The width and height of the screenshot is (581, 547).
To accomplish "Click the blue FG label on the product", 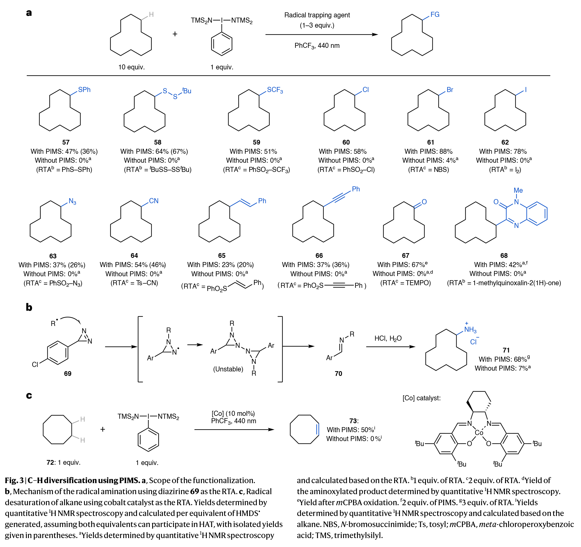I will pos(435,15).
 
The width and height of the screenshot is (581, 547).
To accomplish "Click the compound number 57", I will pos(66,142).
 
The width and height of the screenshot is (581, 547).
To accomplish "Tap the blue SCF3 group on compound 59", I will pos(275,90).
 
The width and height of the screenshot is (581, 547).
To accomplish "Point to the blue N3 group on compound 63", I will pos(72,201).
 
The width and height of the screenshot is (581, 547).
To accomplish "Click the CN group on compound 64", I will pos(154,201).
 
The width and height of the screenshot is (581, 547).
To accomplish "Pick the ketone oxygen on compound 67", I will pos(424,202).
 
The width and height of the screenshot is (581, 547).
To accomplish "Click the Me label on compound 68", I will pos(518,190).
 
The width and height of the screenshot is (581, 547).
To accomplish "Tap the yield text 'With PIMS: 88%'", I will pos(428,151).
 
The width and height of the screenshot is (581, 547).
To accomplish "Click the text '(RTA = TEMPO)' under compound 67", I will pos(405,283).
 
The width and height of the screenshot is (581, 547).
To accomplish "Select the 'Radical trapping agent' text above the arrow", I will pos(317,15).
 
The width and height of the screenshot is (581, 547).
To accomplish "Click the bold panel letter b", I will pos(29,307).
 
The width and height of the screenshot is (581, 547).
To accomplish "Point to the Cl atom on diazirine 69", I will pos(35,365).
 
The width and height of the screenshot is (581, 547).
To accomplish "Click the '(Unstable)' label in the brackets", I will pos(228,369).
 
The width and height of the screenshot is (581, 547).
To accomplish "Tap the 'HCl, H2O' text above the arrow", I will pos(388,339).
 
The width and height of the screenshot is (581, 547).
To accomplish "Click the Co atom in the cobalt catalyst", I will pos(479,433).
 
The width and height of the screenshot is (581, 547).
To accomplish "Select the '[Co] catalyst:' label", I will pos(421,398).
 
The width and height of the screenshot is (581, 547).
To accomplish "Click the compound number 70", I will pos(338,374).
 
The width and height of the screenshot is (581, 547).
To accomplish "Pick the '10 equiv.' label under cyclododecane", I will pos(131,67).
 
